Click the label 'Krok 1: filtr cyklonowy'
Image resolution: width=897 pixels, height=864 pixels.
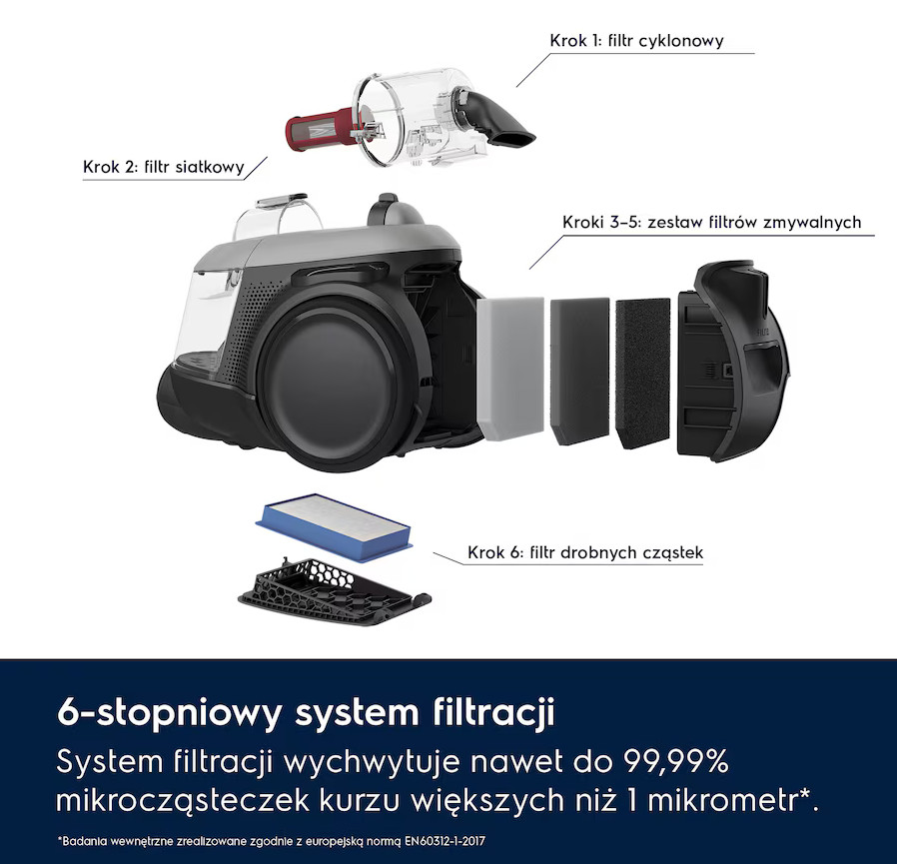636,41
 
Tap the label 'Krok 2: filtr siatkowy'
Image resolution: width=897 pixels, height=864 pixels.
164,167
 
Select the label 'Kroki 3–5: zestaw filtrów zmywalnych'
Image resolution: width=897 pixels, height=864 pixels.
711,223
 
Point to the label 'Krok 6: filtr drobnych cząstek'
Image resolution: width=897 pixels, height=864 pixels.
585,552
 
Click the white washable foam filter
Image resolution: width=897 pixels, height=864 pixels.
510,367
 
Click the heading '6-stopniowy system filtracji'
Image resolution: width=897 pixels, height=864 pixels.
306,715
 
